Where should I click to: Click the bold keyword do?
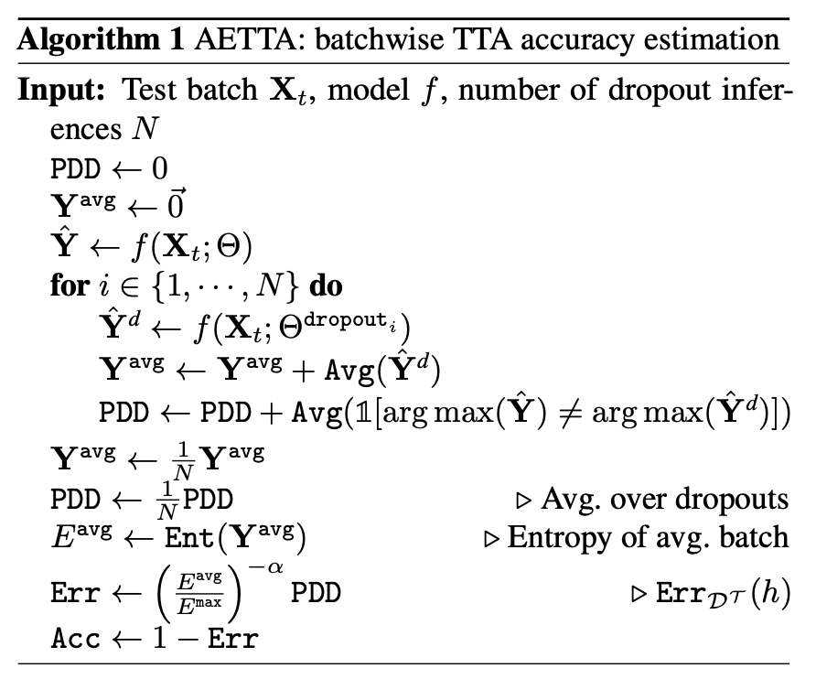click(x=326, y=285)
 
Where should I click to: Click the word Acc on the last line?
click(x=74, y=638)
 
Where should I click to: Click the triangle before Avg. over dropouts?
click(x=524, y=501)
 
